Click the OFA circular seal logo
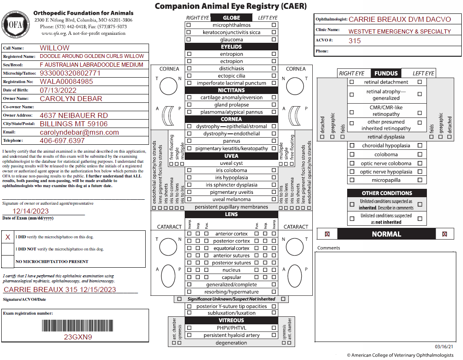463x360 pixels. [x=16, y=24]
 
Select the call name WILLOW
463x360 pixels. [x=55, y=48]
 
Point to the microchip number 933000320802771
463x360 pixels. [x=70, y=73]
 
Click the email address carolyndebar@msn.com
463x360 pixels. [x=79, y=132]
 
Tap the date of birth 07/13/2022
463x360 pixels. [x=58, y=90]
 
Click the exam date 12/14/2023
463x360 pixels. [x=30, y=211]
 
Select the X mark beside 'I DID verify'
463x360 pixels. [x=8, y=237]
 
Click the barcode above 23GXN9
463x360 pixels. [x=78, y=326]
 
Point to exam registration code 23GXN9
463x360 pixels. [x=78, y=337]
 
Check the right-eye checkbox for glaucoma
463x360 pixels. [x=189, y=39]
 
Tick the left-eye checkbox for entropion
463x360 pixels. [x=274, y=54]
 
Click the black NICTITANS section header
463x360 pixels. [x=232, y=90]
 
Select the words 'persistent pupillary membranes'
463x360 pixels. [x=232, y=207]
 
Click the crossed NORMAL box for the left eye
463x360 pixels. [x=445, y=234]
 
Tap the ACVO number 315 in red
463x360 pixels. [x=355, y=41]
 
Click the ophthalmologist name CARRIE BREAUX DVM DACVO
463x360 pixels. [x=400, y=19]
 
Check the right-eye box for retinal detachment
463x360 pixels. [x=352, y=82]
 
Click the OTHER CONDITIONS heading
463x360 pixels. [x=387, y=193]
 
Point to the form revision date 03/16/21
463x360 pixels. [x=444, y=347]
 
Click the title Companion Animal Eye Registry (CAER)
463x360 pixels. [x=231, y=6]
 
